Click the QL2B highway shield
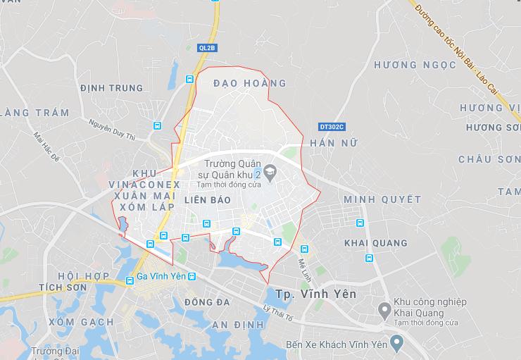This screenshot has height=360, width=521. point(208,47)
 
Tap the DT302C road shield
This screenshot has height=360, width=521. point(332,127)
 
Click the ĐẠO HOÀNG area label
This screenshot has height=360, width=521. point(250,83)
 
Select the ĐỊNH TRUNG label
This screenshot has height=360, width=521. point(111,88)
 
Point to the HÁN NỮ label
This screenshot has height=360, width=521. point(334,143)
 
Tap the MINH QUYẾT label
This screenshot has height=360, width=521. point(382,199)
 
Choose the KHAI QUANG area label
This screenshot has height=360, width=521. point(375,243)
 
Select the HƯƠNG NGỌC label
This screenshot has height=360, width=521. point(406,65)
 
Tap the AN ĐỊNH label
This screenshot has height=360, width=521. point(237,324)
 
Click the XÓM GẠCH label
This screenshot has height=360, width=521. point(81,322)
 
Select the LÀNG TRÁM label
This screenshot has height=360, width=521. point(35,113)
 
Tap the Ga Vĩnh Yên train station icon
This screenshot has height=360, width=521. point(130,280)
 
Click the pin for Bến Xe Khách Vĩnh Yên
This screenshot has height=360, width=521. point(396,344)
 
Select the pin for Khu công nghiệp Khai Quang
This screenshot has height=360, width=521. point(385,309)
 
